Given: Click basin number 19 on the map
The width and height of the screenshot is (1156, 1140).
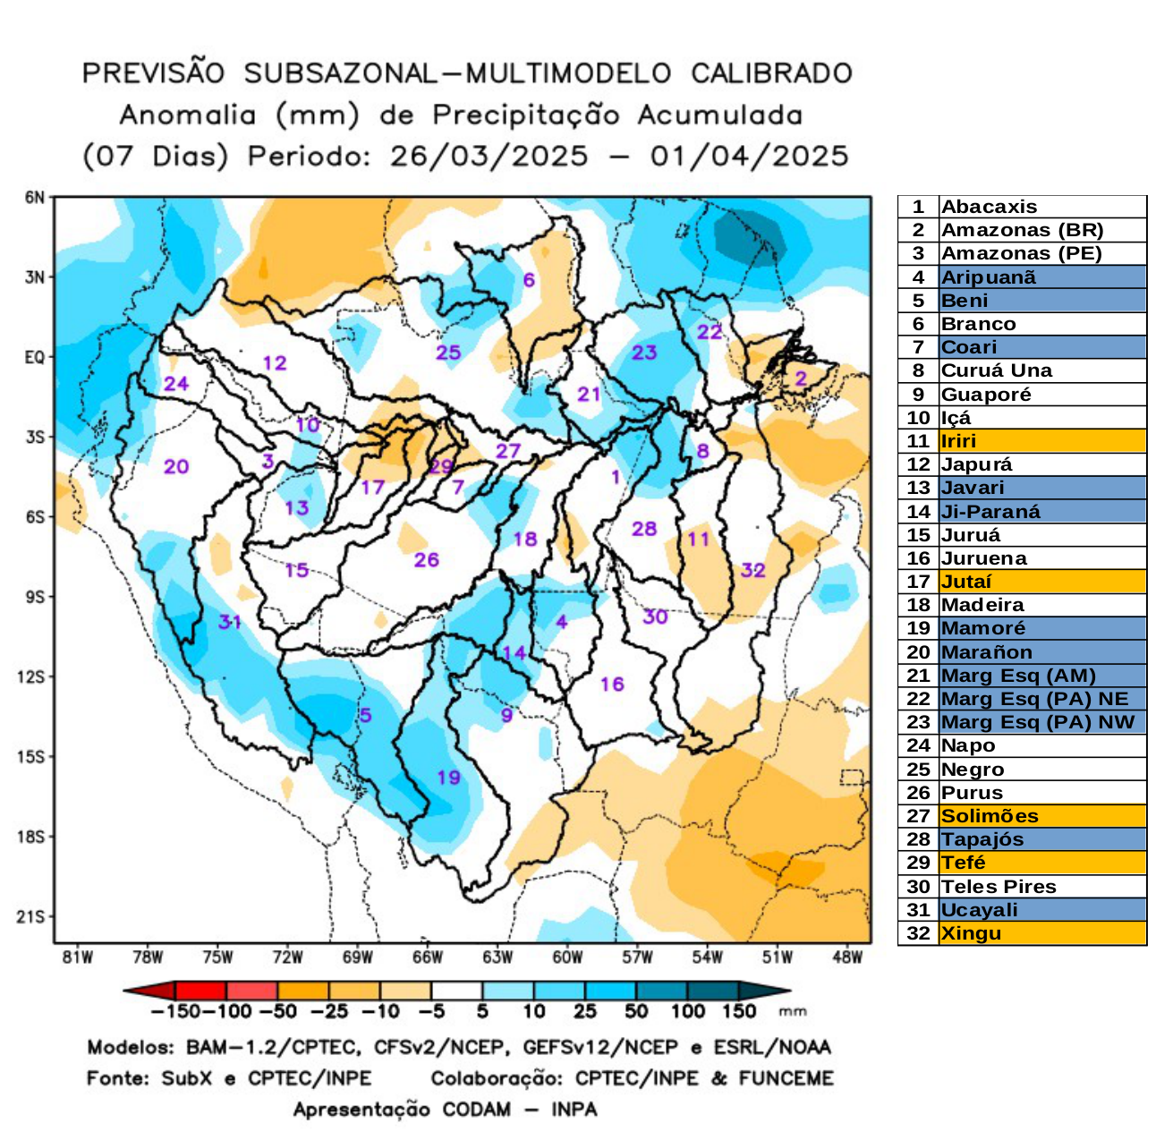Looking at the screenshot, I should [448, 777].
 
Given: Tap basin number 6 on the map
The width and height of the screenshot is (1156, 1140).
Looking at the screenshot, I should [529, 280].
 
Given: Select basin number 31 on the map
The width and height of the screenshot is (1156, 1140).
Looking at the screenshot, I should [230, 621].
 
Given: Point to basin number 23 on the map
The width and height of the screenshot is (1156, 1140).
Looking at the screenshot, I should [644, 353].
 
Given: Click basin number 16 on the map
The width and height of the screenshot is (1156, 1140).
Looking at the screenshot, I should [612, 685].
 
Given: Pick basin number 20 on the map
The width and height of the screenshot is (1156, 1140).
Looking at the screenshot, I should [176, 466].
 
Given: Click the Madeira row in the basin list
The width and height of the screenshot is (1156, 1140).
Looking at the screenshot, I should [982, 605].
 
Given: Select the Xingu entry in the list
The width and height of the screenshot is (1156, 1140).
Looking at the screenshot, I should [971, 933].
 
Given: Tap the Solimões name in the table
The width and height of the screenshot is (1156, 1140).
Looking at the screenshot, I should [990, 816].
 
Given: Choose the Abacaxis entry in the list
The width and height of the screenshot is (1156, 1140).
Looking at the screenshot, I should [989, 207].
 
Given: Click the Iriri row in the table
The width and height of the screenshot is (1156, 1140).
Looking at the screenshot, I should [958, 441].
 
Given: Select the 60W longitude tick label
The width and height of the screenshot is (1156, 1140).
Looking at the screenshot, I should [567, 957].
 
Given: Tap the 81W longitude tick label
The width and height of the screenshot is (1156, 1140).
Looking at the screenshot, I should [78, 957].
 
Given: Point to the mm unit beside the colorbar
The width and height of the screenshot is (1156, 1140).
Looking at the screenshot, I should [793, 1012].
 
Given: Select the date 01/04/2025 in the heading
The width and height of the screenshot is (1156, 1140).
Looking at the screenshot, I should [749, 157].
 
